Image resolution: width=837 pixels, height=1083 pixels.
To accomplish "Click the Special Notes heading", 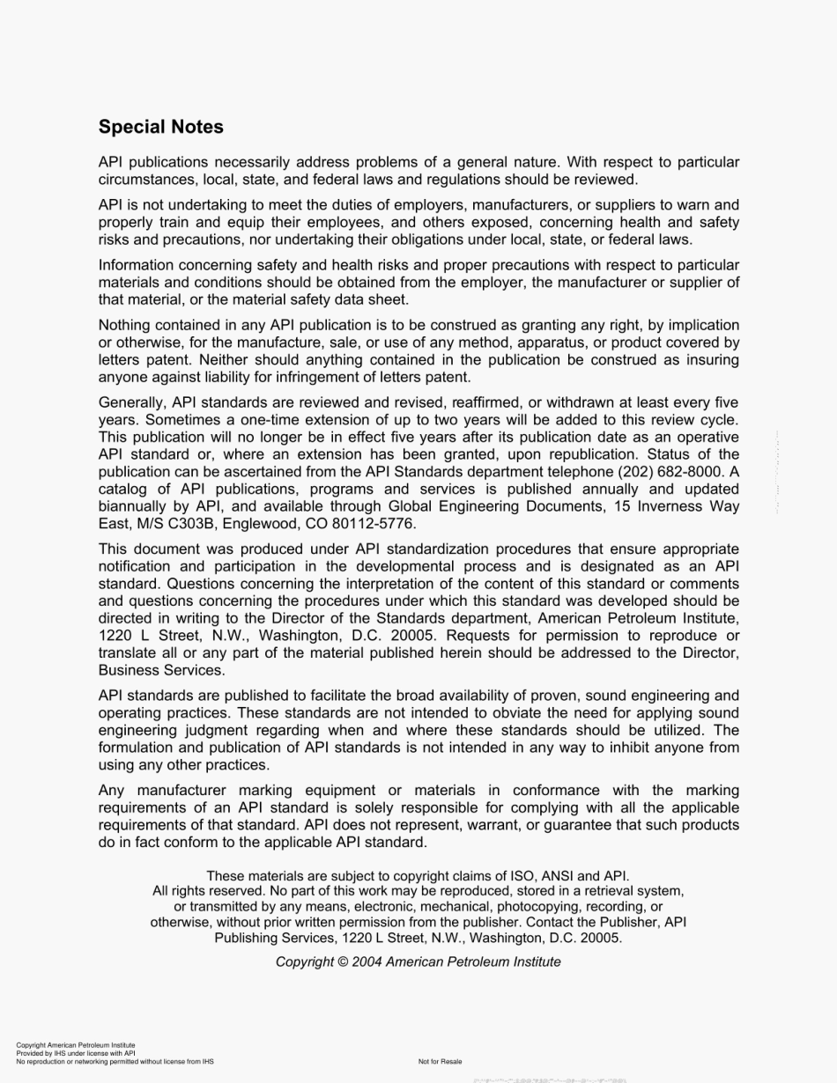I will (161, 127).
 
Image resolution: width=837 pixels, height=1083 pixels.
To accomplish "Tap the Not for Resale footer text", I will (440, 1061).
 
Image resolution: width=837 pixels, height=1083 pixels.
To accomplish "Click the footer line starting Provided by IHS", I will (75, 1053).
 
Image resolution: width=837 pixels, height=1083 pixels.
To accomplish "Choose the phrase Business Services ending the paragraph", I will (161, 670).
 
